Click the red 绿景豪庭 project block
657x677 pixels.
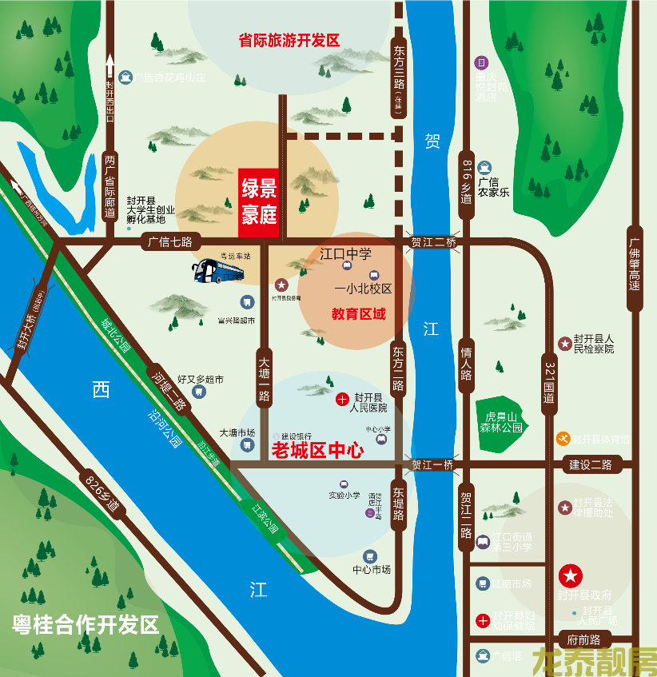pos(259,203)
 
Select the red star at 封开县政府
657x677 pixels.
pos(571,575)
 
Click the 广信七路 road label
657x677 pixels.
pos(171,240)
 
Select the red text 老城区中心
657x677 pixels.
pos(318,451)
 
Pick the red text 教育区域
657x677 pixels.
pos(359,314)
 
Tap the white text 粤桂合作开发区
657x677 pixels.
pos(86,624)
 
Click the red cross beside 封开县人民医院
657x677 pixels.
pos(342,398)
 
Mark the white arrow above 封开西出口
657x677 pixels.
pos(110,63)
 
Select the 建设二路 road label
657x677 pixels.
pos(590,464)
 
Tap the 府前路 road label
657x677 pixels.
pos(584,639)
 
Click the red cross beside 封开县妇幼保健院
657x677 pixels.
pos(484,619)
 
